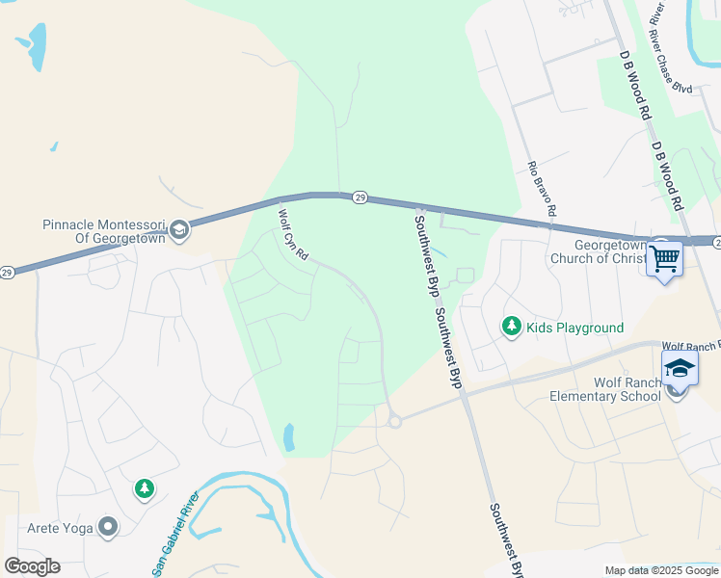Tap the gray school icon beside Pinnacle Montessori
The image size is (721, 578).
178,229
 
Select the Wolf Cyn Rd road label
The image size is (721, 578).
292,234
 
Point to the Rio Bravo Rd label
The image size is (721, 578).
542,189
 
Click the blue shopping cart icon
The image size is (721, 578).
665,257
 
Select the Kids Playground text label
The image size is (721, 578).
574,328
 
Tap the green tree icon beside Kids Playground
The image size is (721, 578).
512,328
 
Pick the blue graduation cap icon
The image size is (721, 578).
679,369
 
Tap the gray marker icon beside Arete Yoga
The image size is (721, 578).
108,527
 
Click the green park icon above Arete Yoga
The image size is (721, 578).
145,489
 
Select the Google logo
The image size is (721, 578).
32,566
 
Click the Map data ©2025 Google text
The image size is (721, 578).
660,570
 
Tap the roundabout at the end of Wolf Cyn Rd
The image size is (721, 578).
393,420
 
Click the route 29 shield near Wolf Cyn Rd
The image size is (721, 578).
359,197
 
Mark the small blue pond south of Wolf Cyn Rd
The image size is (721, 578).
289,438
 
